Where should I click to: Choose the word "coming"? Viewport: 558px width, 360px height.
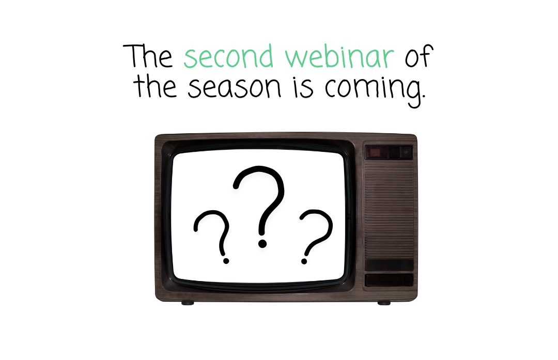pos(372,89)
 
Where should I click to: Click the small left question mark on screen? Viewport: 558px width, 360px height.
pos(212,231)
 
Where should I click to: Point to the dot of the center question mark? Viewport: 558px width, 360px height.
pos(262,242)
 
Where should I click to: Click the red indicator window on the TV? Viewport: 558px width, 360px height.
pos(374,152)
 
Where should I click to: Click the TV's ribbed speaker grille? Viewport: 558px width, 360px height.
pos(389,212)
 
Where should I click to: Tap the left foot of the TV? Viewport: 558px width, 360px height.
pos(187,303)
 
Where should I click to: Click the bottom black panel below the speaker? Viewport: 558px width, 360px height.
pos(389,280)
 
